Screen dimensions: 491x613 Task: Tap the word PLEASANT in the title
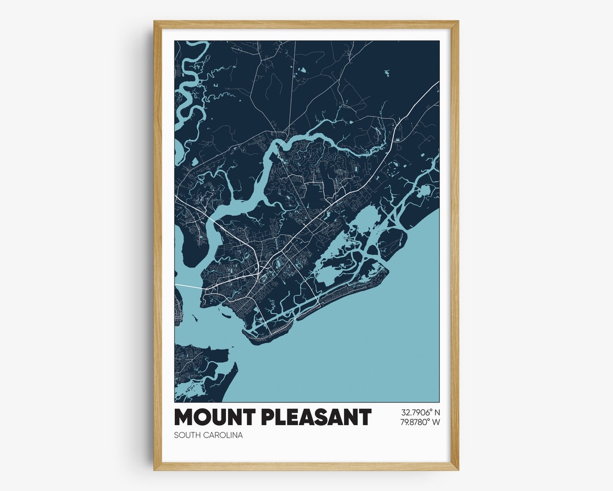click(316, 418)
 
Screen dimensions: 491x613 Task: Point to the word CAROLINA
click(224, 435)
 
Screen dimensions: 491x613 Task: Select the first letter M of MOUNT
click(184, 418)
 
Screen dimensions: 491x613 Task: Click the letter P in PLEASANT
click(268, 418)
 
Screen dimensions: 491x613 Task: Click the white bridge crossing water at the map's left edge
click(187, 286)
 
